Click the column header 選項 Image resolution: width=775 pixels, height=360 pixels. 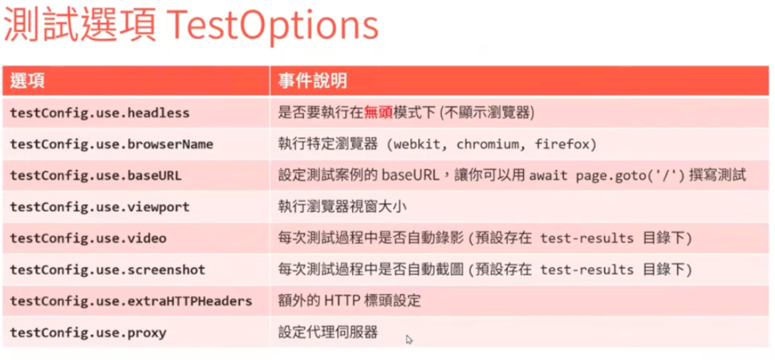click(x=27, y=81)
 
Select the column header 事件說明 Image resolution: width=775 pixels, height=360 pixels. click(x=313, y=81)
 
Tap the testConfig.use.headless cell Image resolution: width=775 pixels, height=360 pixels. click(x=100, y=113)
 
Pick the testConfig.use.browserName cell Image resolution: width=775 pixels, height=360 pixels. click(x=111, y=144)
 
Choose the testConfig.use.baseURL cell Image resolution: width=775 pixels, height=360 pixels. click(x=96, y=176)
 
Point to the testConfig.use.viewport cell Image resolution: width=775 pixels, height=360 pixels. click(x=100, y=207)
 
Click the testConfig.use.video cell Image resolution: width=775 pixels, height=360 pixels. click(x=88, y=238)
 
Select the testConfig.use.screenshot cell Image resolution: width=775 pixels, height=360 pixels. click(x=107, y=270)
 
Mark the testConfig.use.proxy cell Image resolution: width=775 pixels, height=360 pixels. click(x=88, y=333)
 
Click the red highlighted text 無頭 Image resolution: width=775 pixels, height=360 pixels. click(x=378, y=112)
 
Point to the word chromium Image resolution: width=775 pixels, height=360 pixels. click(x=488, y=144)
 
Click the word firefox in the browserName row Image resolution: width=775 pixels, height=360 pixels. click(x=562, y=144)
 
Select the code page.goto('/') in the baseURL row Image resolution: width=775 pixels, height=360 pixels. click(x=630, y=176)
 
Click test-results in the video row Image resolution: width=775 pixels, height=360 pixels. click(x=587, y=238)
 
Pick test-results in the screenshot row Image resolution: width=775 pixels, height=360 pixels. click(x=587, y=270)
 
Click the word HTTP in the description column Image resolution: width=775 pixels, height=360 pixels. click(x=342, y=301)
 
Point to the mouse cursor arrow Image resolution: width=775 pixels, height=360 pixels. click(x=409, y=339)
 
